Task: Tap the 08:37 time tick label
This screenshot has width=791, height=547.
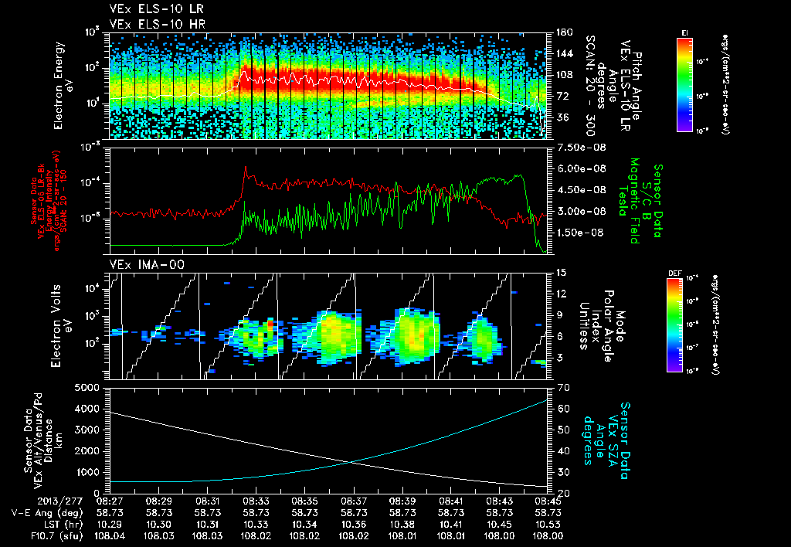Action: [x=354, y=501]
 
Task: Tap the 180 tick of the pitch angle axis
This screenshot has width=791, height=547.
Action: [x=563, y=32]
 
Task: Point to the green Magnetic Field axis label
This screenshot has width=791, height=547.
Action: [x=634, y=201]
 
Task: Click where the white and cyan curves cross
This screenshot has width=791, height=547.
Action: [x=351, y=462]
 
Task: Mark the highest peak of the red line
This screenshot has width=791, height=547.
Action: [x=246, y=167]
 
